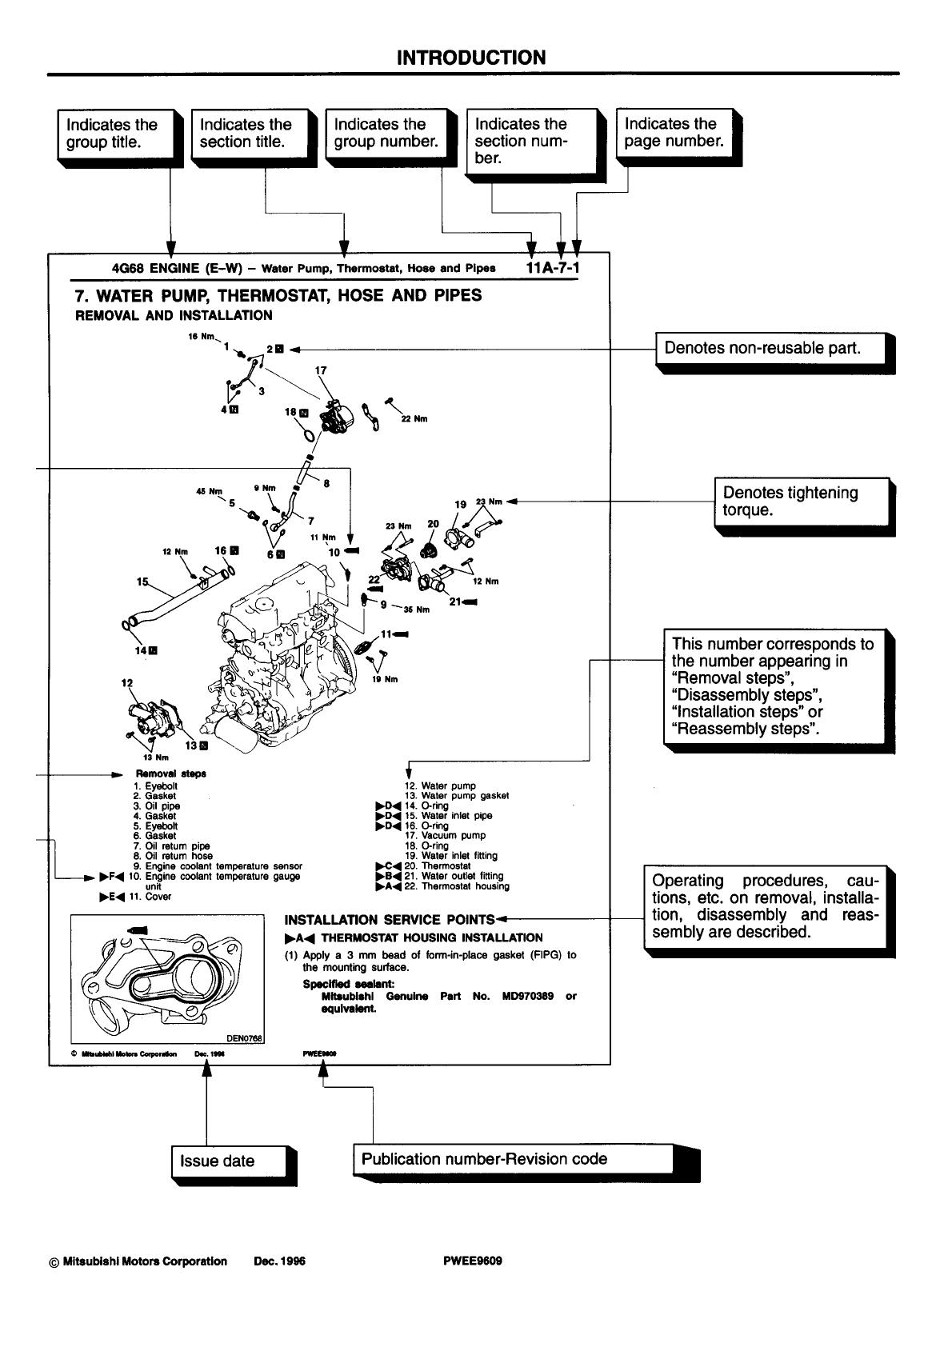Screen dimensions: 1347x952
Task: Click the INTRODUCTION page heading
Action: [472, 58]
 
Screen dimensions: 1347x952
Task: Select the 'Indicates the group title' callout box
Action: [117, 134]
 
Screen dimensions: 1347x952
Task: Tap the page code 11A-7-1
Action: [554, 267]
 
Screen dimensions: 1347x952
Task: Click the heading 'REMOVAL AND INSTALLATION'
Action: [174, 315]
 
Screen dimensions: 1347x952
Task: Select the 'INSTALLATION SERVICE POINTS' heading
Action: [390, 919]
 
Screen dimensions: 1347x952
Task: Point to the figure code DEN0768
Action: [244, 1038]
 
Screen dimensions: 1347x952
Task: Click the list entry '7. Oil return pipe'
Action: [171, 845]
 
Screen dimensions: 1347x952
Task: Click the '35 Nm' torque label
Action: [417, 610]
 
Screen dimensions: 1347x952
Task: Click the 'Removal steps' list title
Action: [171, 773]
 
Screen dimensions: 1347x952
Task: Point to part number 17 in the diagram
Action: [321, 370]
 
